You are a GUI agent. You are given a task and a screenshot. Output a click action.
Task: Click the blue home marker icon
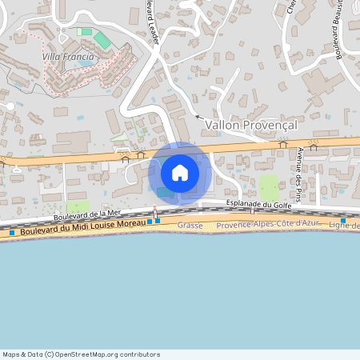coord(180,173)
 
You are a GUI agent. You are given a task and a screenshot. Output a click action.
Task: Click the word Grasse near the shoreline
coord(190,226)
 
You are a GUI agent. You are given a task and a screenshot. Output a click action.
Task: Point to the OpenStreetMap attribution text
coord(81,354)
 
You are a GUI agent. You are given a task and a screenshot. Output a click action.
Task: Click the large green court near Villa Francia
coord(102,39)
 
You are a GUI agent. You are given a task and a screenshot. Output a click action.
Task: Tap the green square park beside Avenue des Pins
coord(270,188)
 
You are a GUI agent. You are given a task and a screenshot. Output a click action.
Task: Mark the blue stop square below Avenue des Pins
coord(343,220)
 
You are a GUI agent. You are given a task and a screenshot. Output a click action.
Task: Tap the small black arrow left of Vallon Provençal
coord(198,118)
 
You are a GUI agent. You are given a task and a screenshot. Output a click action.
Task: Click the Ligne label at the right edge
coord(345,226)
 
